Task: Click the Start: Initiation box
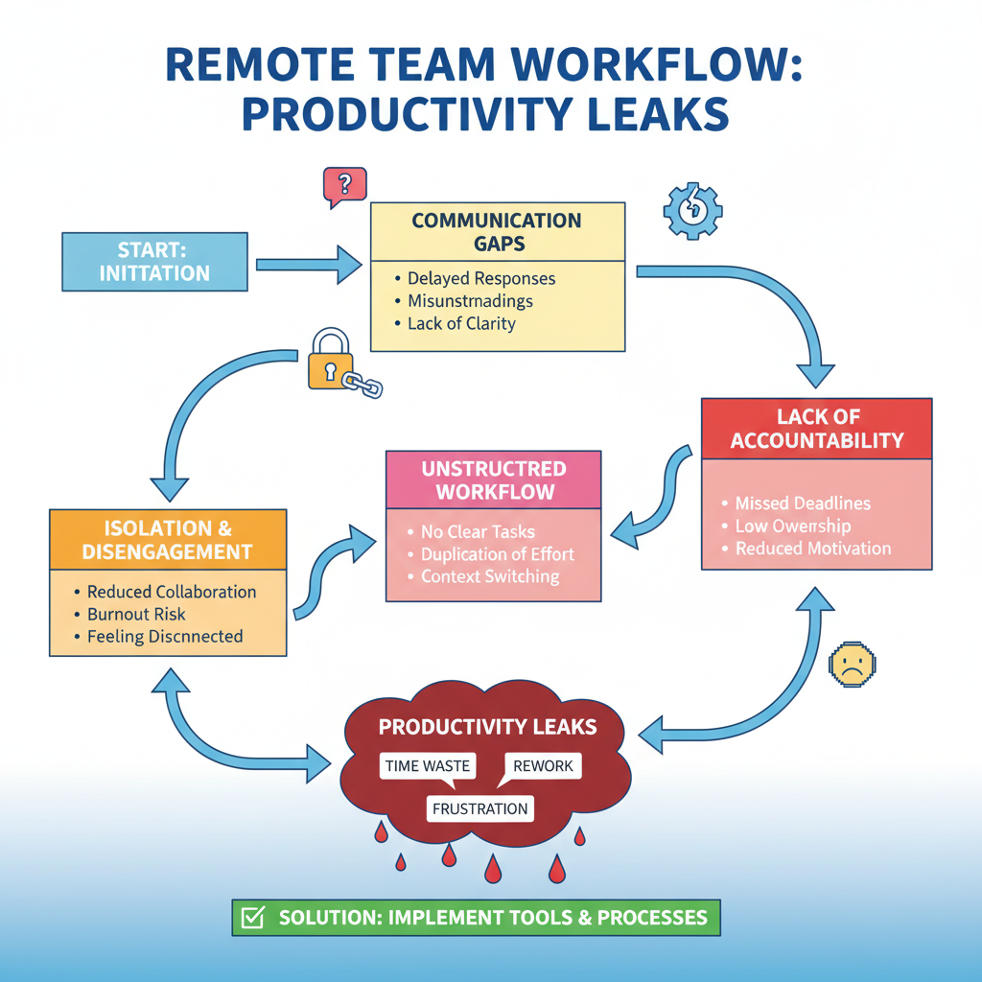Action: pos(155,261)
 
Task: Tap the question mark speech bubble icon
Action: pos(345,185)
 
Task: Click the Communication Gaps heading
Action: pos(497,232)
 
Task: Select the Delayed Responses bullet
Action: pos(480,279)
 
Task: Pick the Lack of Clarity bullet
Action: pos(460,323)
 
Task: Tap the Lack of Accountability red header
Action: pos(816,429)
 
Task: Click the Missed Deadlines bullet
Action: pos(803,503)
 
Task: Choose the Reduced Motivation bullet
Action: pos(812,549)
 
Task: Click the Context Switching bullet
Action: pos(489,576)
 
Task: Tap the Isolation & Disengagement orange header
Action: pos(168,540)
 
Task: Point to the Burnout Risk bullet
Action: pos(135,614)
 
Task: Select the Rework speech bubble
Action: pos(543,765)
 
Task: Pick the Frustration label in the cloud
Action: pos(479,808)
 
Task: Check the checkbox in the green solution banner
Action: pos(252,918)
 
